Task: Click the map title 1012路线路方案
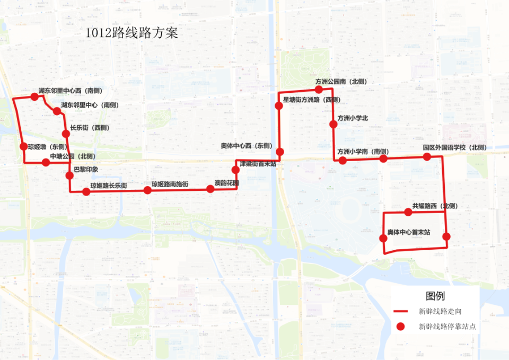pyautogui.click(x=131, y=33)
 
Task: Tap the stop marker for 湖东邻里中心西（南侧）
pyautogui.click(x=35, y=96)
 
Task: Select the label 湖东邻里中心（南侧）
pyautogui.click(x=90, y=105)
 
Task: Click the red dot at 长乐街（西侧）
pyautogui.click(x=66, y=134)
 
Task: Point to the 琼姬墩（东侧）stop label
pyautogui.click(x=48, y=147)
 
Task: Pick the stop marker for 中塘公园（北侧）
pyautogui.click(x=46, y=162)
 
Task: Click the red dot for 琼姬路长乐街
pyautogui.click(x=86, y=192)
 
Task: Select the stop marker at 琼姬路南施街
pyautogui.click(x=148, y=190)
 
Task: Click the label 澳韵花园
pyautogui.click(x=226, y=182)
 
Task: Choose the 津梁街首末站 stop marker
pyautogui.click(x=236, y=170)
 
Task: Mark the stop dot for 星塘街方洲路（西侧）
pyautogui.click(x=279, y=106)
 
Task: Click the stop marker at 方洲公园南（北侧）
pyautogui.click(x=319, y=90)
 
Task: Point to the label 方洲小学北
pyautogui.click(x=353, y=118)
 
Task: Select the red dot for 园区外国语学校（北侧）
pyautogui.click(x=427, y=156)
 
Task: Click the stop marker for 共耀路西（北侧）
pyautogui.click(x=408, y=212)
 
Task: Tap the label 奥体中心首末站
pyautogui.click(x=408, y=232)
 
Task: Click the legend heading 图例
pyautogui.click(x=435, y=296)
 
